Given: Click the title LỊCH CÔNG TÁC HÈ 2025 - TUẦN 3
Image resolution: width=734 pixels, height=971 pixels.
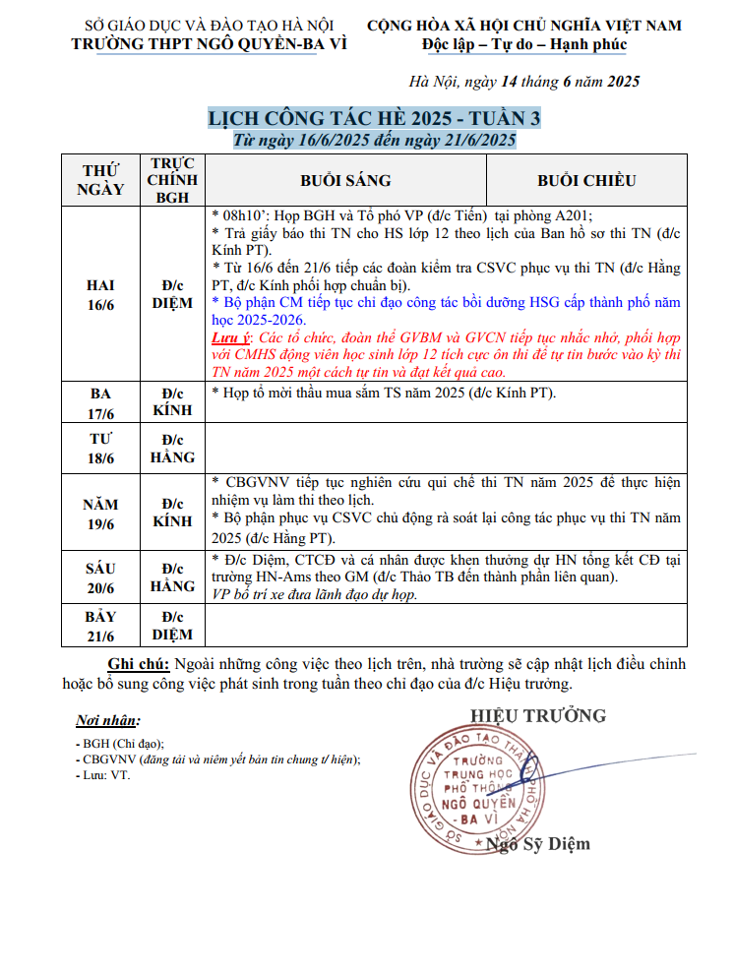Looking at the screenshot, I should coord(374,119).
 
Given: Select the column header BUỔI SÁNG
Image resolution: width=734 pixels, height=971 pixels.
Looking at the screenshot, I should coord(345,180).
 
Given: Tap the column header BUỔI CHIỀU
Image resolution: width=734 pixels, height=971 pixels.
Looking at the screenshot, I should coord(586,180).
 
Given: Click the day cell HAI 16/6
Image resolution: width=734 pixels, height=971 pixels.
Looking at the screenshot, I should coord(101,294).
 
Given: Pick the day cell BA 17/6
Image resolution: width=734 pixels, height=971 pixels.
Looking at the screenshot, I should coord(101,401).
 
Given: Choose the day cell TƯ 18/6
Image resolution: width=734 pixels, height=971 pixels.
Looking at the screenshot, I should coord(101,448).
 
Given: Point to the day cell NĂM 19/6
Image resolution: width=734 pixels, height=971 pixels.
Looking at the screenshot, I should coord(101,513).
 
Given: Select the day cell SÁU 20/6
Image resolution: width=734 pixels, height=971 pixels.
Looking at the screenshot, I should coord(101,577).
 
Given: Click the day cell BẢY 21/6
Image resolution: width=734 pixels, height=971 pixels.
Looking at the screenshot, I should coord(101,626).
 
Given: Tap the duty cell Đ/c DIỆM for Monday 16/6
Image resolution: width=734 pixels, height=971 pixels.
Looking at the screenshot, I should coord(172,294).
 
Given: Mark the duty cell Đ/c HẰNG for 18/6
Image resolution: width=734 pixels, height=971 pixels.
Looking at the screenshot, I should coord(172,448).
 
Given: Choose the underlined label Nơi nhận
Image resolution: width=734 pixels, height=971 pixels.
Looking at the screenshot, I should coord(108,720).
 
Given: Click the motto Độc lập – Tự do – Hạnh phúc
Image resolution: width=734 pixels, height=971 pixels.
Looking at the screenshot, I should coord(523,44).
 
